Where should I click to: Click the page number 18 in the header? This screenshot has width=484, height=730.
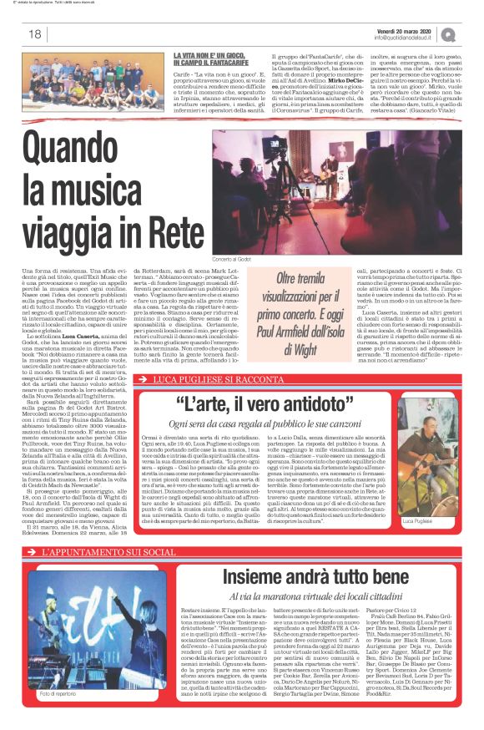tap(35, 34)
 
